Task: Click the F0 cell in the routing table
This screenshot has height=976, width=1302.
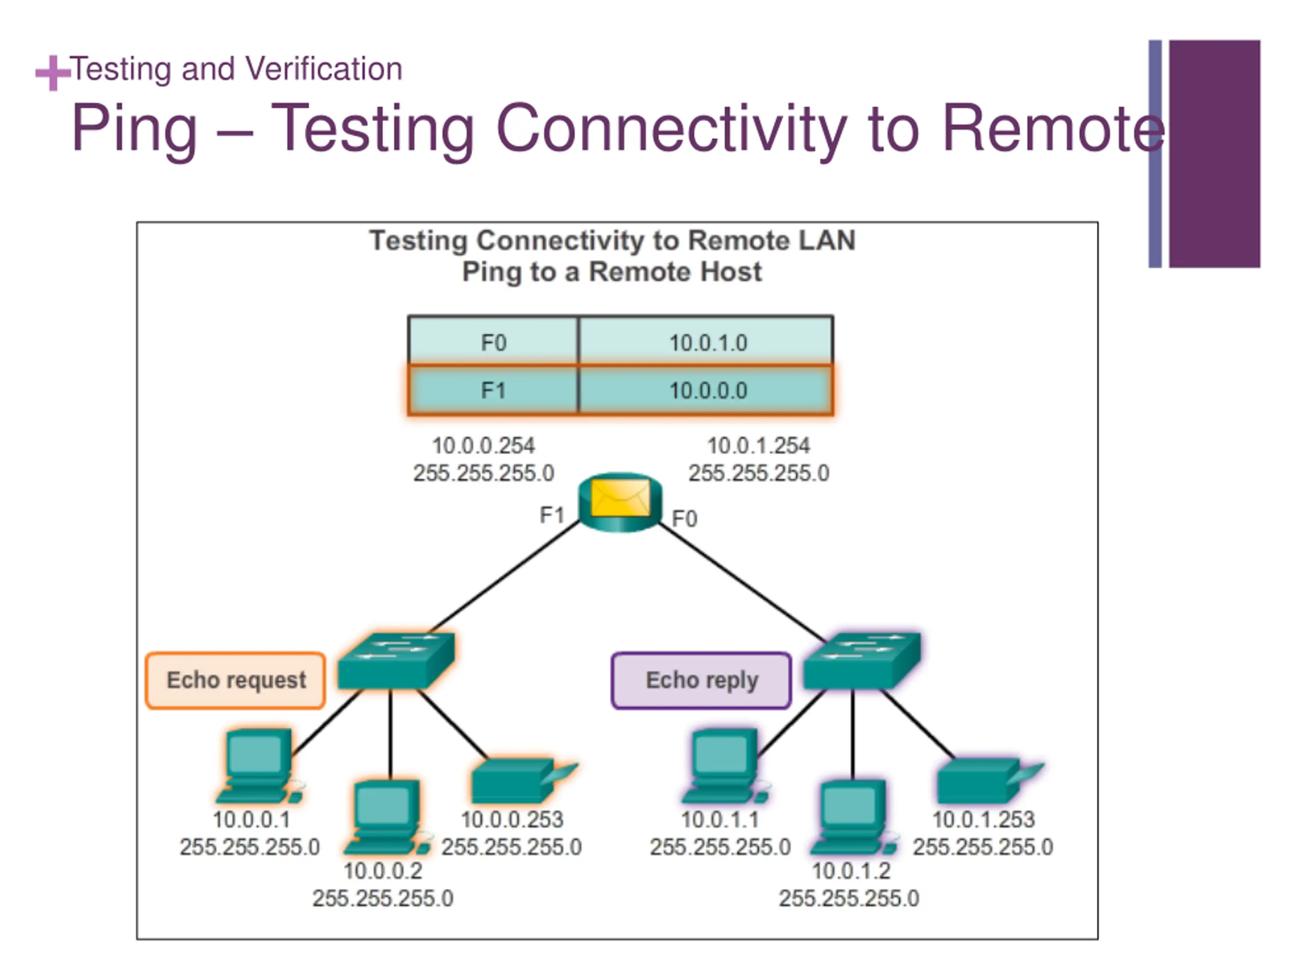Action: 493,342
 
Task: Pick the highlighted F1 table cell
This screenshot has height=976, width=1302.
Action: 493,390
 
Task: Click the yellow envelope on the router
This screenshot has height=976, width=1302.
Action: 620,498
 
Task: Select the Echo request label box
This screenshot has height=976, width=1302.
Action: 235,680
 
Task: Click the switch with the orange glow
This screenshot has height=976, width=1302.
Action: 396,660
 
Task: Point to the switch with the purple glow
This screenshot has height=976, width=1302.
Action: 862,660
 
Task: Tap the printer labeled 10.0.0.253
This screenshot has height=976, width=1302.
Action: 524,780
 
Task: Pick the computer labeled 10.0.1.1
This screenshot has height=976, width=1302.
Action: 726,766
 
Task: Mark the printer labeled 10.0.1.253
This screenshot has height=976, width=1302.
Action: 990,780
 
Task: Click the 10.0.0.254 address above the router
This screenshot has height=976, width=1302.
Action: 483,445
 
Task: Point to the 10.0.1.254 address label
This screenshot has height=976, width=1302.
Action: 758,445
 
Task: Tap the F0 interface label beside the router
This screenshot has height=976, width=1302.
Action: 685,518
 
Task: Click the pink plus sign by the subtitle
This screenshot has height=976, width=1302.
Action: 53,73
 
